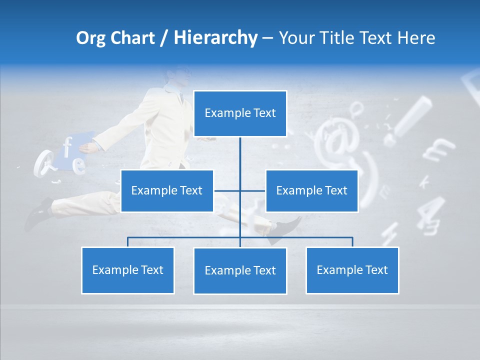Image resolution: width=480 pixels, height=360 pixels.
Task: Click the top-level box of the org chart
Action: point(240,113)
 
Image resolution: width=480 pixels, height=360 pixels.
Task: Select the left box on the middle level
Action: point(167,191)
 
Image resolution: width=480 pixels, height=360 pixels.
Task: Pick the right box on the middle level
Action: point(311,191)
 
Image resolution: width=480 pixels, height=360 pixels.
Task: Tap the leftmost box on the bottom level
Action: point(128,270)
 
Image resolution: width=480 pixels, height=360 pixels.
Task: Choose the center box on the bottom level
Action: point(240,271)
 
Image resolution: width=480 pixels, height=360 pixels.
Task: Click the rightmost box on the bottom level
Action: point(352,270)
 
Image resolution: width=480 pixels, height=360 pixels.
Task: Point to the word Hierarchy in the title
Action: point(215,38)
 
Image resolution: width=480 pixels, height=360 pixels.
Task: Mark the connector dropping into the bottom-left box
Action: point(128,242)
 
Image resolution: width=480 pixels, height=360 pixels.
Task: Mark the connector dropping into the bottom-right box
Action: point(352,242)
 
